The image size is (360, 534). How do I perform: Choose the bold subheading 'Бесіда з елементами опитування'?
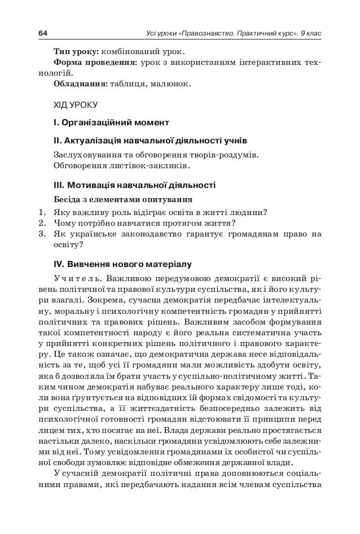pyautogui.click(x=122, y=199)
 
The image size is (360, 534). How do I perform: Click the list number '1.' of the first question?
pyautogui.click(x=42, y=213)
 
